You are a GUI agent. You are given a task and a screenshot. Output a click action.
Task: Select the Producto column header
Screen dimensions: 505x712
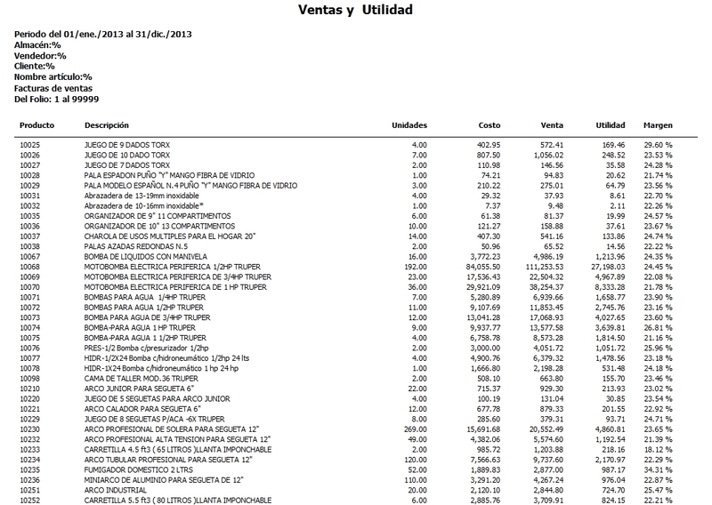37,125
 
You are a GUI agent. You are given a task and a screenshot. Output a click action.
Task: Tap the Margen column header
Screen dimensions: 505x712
659,125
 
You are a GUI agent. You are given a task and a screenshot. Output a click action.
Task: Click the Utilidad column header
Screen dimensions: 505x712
609,125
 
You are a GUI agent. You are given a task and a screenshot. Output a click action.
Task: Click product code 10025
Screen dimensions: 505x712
31,143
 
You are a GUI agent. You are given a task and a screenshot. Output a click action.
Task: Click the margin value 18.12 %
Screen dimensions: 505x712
658,422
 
